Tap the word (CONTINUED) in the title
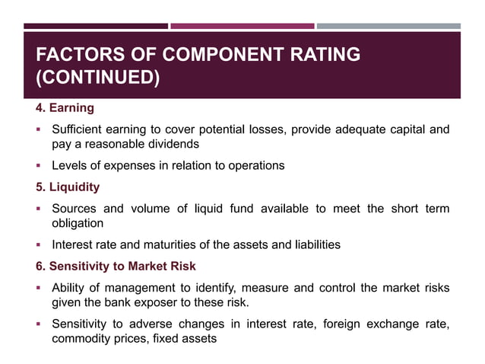click(x=98, y=78)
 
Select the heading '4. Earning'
click(x=65, y=108)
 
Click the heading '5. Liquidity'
click(x=68, y=187)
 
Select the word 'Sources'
click(x=75, y=209)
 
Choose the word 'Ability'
click(x=69, y=288)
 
